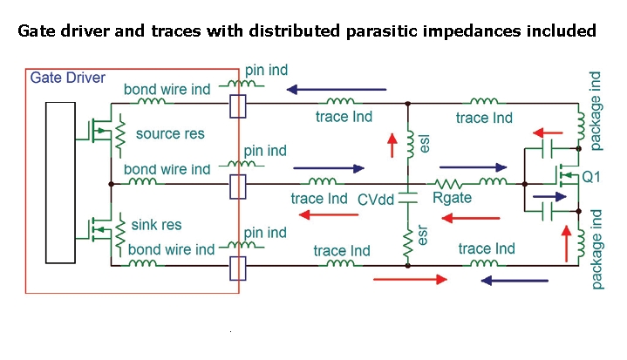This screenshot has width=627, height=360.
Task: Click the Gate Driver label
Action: (x=67, y=78)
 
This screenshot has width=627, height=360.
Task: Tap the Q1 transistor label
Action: (x=592, y=177)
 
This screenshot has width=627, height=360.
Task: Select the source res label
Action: (x=170, y=134)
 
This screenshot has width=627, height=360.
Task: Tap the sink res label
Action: (x=157, y=226)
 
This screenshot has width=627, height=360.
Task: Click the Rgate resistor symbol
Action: (x=452, y=183)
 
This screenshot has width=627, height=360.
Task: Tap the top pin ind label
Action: (x=266, y=69)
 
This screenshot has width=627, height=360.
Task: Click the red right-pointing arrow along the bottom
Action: (x=409, y=280)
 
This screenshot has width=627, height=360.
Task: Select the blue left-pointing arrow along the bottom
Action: (x=514, y=281)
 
